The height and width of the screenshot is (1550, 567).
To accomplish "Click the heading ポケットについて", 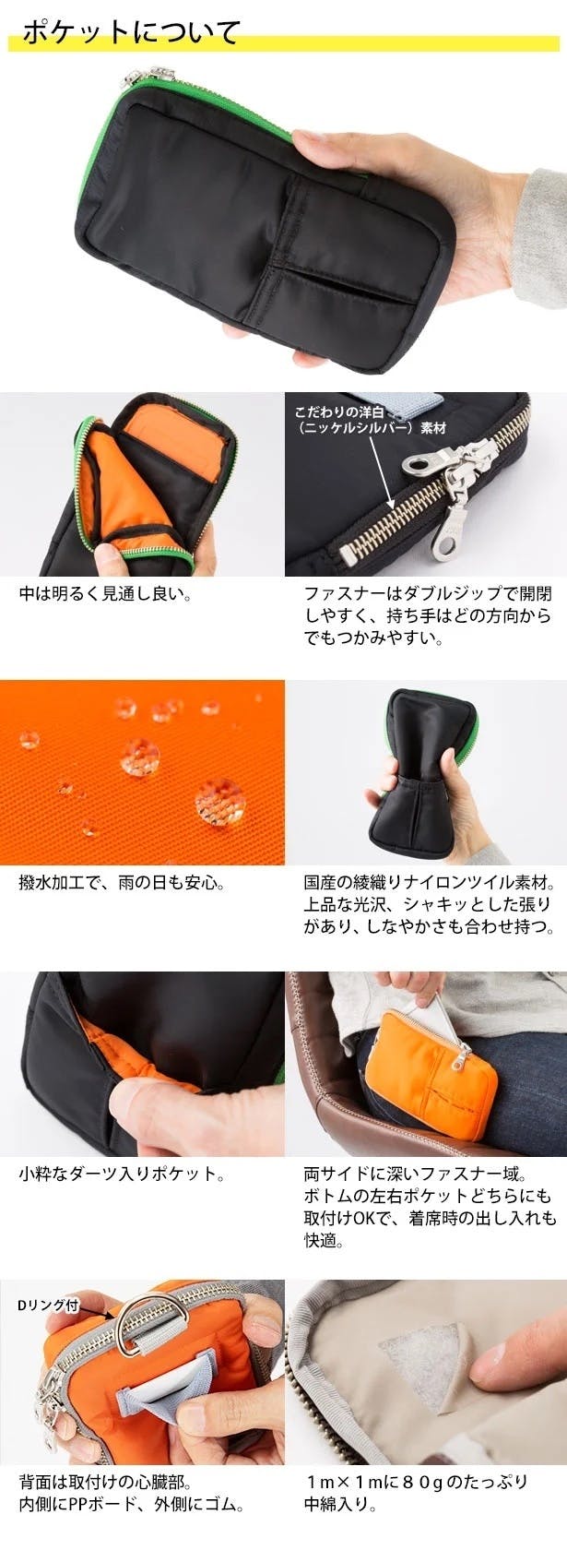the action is (131, 32).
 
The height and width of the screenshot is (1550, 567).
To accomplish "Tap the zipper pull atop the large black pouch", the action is (148, 76).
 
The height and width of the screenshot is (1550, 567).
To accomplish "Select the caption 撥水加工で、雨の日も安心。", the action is (122, 884).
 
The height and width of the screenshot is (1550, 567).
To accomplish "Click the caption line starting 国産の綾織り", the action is (430, 884).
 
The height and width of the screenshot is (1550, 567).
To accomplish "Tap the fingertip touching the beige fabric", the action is (494, 1357).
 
